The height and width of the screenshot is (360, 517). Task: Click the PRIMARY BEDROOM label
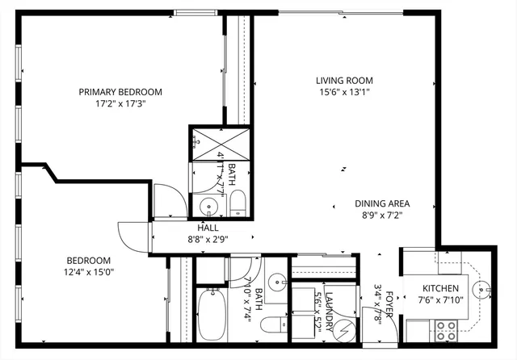tap(120, 92)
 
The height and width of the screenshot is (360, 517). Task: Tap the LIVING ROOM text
tap(343, 80)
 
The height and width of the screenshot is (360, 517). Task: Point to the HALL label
tap(197, 228)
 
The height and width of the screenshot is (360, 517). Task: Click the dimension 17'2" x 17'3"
tap(120, 104)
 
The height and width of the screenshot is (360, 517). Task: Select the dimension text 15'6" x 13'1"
tap(343, 92)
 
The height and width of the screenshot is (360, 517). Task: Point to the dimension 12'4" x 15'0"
tap(89, 272)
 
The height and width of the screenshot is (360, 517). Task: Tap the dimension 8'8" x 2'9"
tap(197, 240)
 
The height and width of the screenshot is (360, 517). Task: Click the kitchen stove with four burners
tap(446, 330)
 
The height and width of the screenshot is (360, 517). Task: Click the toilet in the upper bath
tap(237, 203)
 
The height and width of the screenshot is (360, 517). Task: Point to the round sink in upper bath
tap(208, 206)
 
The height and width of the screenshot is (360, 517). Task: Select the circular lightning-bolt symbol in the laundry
tap(344, 329)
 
